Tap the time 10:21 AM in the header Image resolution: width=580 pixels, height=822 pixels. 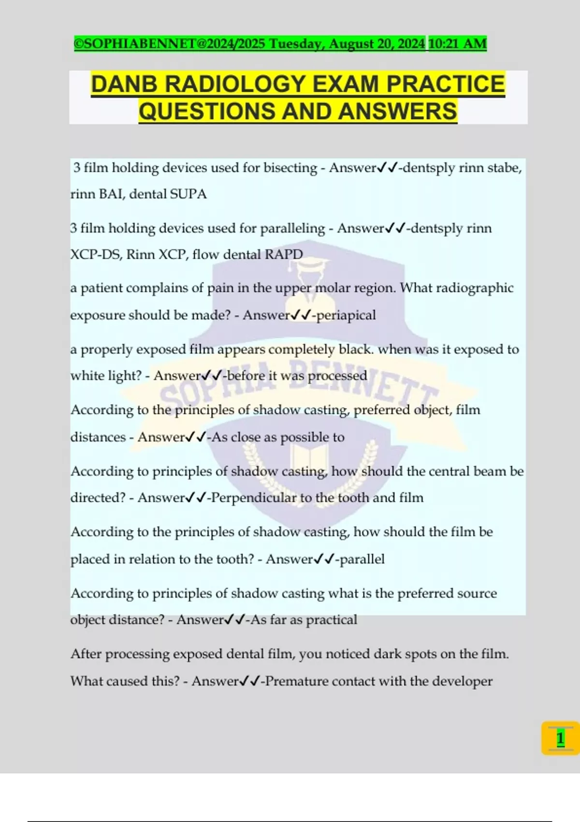(457, 44)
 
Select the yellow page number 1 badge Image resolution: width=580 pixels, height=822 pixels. (560, 738)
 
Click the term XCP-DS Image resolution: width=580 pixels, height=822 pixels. (95, 254)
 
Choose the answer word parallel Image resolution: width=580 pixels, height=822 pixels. (362, 559)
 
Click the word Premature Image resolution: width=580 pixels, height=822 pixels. (296, 681)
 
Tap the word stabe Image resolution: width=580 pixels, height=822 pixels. (504, 168)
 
